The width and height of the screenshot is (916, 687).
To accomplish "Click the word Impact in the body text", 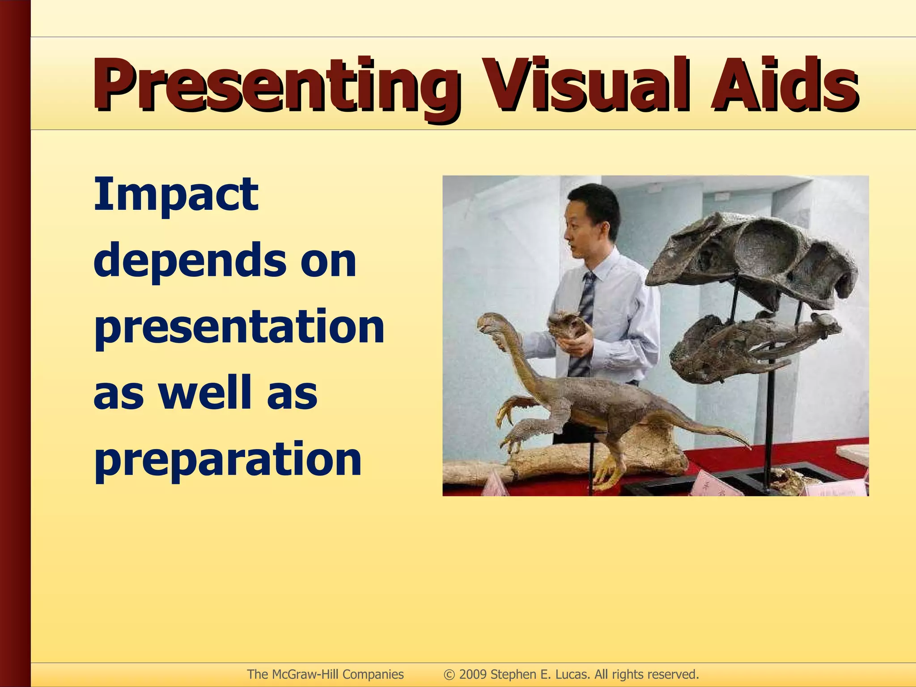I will pos(176,195).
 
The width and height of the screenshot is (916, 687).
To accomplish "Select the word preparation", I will pos(228,460).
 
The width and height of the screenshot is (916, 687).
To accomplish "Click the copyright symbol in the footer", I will pos(450,674).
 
